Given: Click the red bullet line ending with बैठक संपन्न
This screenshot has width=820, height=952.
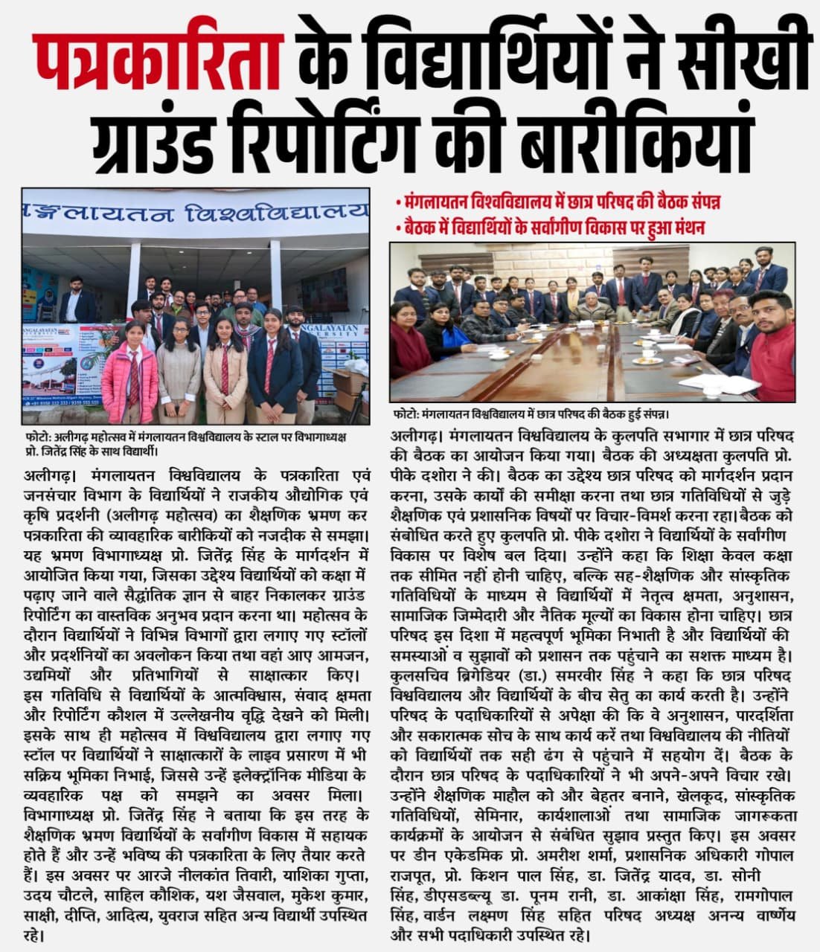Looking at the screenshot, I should (558, 202).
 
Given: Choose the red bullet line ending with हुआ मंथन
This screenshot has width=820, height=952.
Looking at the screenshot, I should (551, 226).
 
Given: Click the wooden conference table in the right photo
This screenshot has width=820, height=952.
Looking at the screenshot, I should (580, 357).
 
